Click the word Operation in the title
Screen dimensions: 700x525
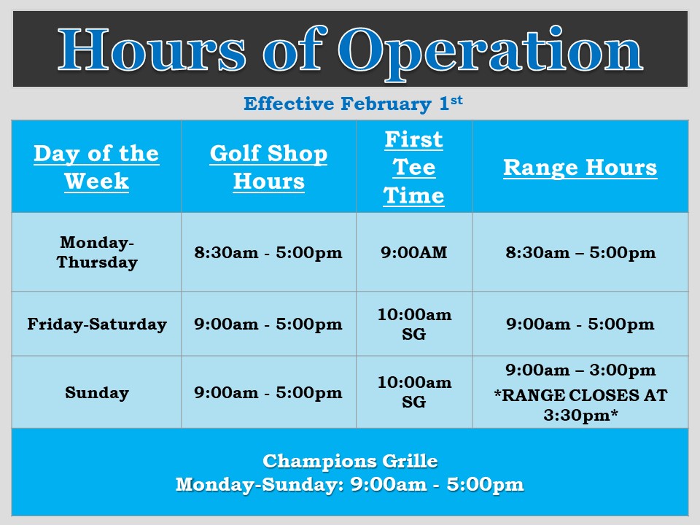[x=490, y=52]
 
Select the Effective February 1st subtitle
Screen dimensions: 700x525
[x=353, y=104]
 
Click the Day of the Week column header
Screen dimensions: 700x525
[x=96, y=167]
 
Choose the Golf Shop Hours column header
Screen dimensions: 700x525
[x=269, y=167]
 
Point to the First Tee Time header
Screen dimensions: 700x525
[x=414, y=168]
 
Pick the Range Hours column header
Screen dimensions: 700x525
[x=580, y=168]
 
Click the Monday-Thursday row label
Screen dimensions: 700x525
[x=97, y=252]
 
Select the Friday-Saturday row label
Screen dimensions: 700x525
[x=97, y=324]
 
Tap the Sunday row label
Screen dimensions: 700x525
[x=97, y=392]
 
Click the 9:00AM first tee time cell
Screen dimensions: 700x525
[x=414, y=252]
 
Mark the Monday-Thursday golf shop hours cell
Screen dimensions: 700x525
[x=268, y=253]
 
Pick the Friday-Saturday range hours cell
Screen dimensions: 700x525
[x=580, y=324]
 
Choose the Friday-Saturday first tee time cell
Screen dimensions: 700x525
[x=414, y=324]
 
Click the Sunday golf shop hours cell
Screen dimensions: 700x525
[x=268, y=393]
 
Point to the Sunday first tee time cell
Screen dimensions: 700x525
[x=414, y=392]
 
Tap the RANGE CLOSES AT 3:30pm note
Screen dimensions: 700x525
[x=581, y=405]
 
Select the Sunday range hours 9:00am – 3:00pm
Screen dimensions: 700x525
[x=581, y=370]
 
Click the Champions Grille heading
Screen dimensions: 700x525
[x=350, y=461]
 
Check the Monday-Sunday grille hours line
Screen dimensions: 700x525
[x=349, y=485]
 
